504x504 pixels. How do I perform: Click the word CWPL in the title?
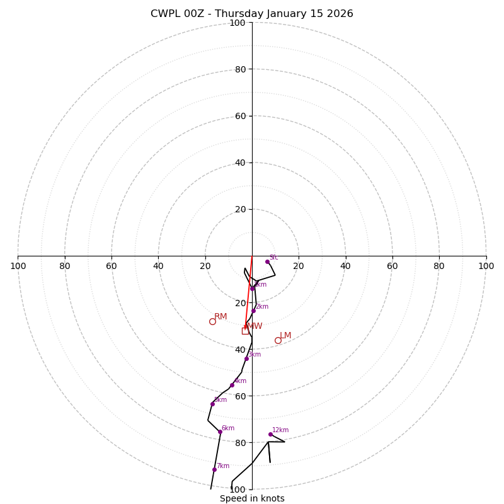pyautogui.click(x=164, y=14)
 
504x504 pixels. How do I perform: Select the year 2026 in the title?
pyautogui.click(x=339, y=14)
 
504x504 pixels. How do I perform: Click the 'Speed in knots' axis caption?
pyautogui.click(x=252, y=498)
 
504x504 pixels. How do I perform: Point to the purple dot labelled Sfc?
pyautogui.click(x=267, y=261)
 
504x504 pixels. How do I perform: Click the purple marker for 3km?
pyautogui.click(x=246, y=358)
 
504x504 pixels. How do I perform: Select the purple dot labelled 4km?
pyautogui.click(x=232, y=385)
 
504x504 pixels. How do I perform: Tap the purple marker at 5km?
pyautogui.click(x=212, y=404)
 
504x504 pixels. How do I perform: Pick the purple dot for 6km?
pyautogui.click(x=220, y=432)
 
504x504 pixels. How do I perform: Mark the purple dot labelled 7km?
pyautogui.click(x=214, y=469)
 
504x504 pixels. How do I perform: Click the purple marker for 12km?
pyautogui.click(x=270, y=434)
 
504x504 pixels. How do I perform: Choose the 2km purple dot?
pyautogui.click(x=253, y=311)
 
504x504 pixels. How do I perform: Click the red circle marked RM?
pyautogui.click(x=212, y=321)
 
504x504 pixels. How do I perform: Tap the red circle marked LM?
pyautogui.click(x=278, y=340)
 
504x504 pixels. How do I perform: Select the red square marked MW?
pyautogui.click(x=245, y=330)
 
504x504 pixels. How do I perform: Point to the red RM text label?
pyautogui.click(x=220, y=317)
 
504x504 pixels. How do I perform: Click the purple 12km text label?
pyautogui.click(x=280, y=430)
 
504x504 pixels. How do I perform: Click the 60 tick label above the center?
pyautogui.click(x=241, y=116)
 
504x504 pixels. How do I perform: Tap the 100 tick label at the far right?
pyautogui.click(x=486, y=266)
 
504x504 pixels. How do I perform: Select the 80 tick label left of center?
pyautogui.click(x=65, y=266)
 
